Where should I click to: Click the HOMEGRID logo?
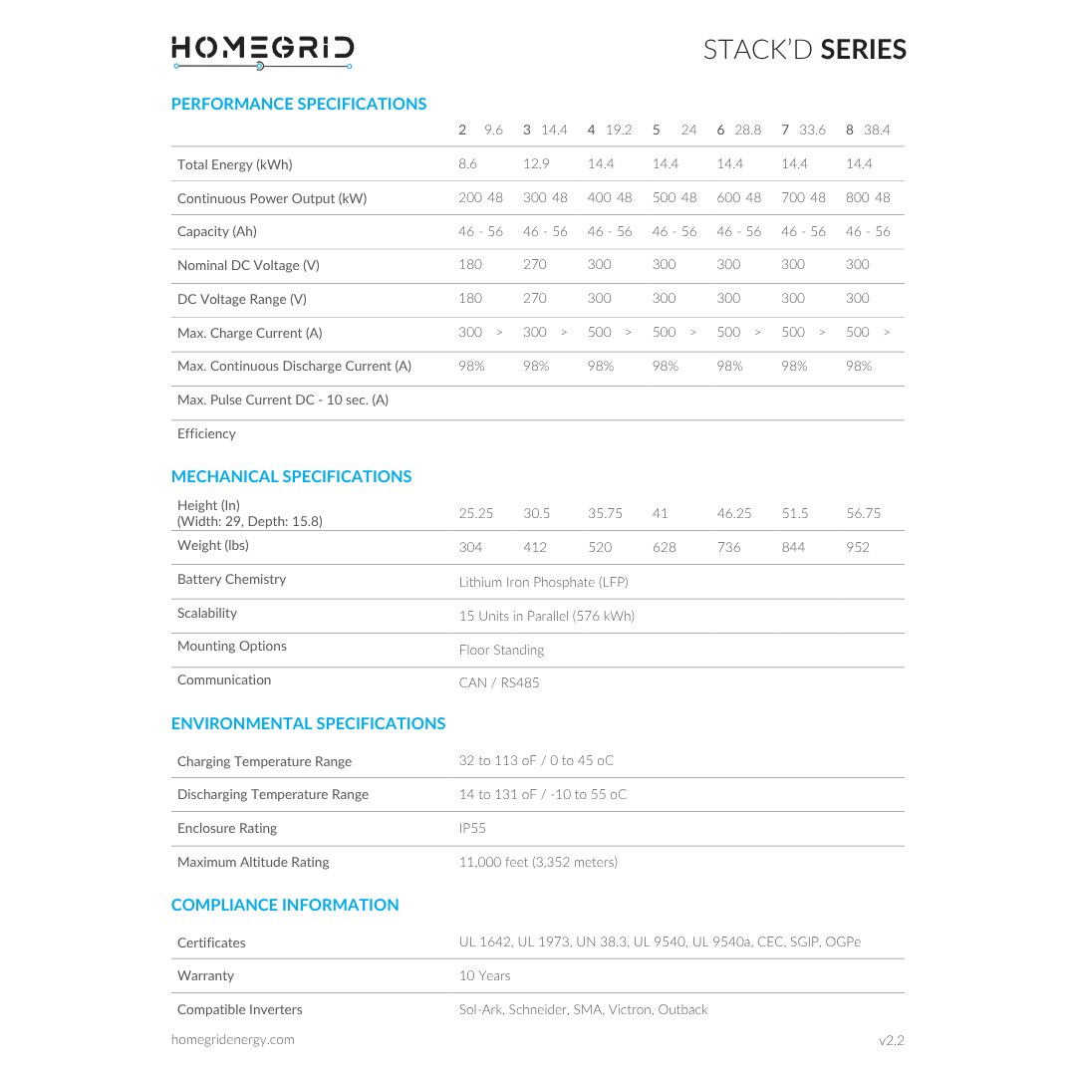pos(262,51)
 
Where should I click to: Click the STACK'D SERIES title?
pos(804,50)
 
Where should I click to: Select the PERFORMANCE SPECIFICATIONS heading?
pos(299,104)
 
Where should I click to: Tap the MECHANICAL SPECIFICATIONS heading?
pos(291,476)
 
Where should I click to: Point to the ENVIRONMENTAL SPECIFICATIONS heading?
pos(308,723)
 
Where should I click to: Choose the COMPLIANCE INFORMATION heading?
pos(285,905)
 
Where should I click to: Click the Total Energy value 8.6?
pos(468,163)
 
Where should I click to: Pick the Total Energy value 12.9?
pos(536,163)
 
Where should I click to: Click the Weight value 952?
pos(857,547)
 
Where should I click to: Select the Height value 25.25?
pos(476,513)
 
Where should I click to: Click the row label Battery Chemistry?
pos(231,579)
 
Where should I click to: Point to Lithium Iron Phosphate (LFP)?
pos(543,582)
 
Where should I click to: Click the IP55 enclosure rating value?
pos(472,828)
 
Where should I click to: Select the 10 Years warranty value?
pos(484,975)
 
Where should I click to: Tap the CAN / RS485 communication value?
pos(498,682)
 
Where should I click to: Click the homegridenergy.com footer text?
pos(232,1039)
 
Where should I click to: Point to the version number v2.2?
pos(891,1040)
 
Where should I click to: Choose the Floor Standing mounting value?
pos(501,650)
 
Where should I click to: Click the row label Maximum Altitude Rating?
pos(253,862)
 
